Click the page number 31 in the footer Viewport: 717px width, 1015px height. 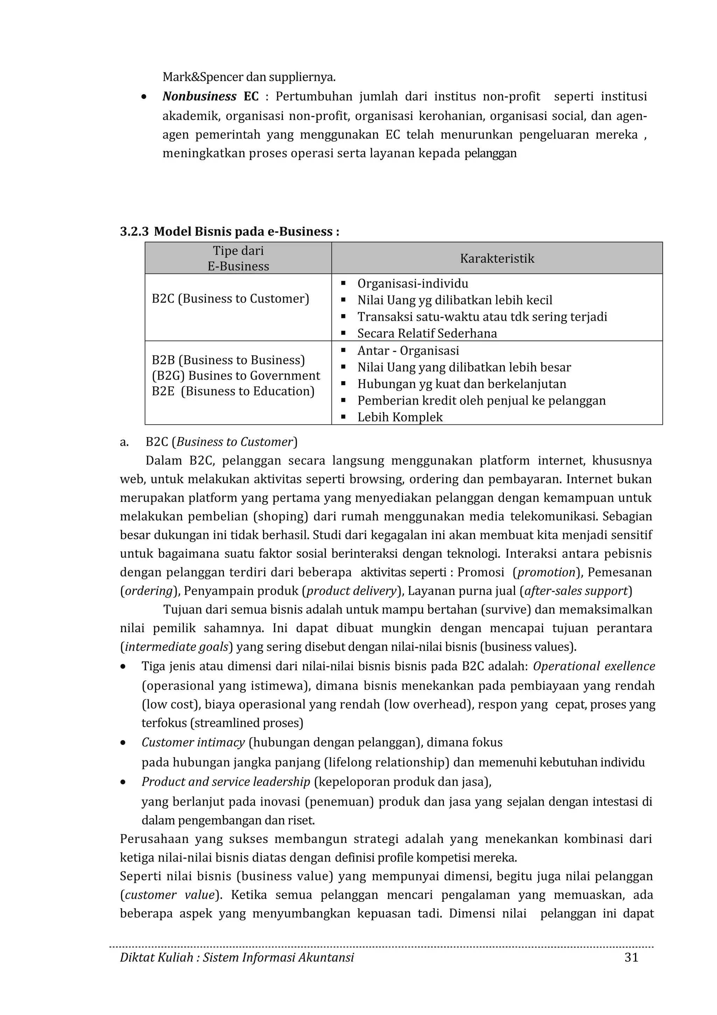click(631, 957)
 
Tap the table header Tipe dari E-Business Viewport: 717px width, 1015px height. click(238, 258)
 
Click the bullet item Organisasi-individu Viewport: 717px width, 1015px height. click(413, 283)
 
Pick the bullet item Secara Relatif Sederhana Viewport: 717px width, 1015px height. click(427, 333)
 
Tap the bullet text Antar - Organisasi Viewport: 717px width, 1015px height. click(408, 351)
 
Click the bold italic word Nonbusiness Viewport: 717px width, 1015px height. click(199, 96)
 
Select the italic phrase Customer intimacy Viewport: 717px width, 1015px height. click(193, 742)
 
